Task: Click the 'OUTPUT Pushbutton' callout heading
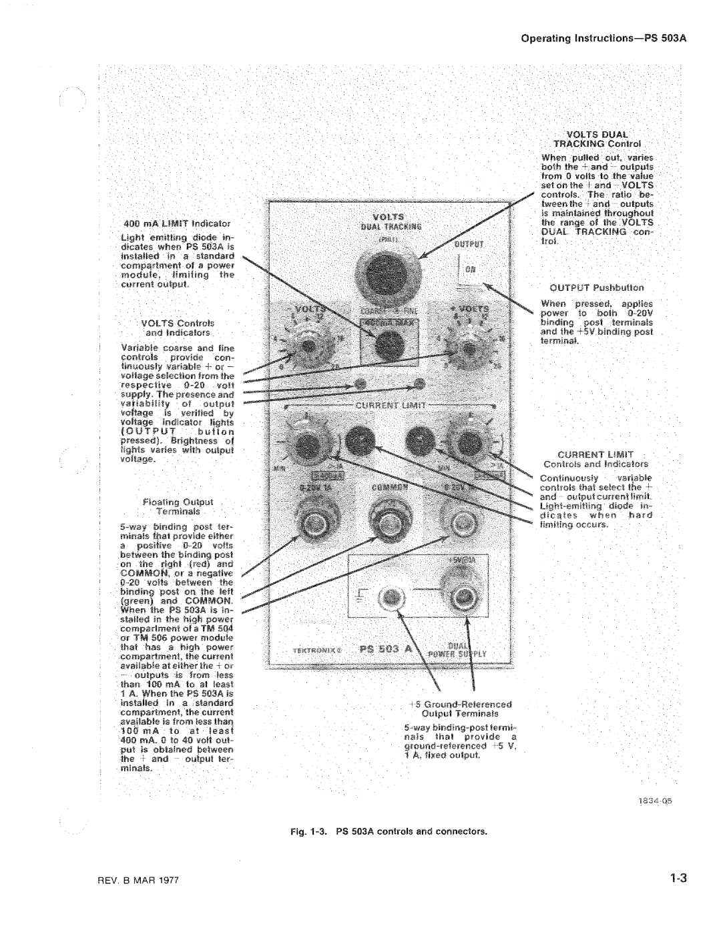coord(596,288)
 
